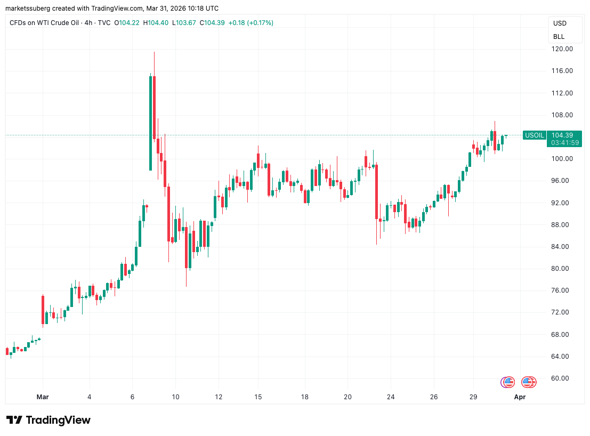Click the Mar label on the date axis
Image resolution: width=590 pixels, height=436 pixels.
(x=43, y=397)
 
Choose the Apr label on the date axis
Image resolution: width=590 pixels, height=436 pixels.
(x=520, y=397)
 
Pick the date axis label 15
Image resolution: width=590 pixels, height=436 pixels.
(x=258, y=397)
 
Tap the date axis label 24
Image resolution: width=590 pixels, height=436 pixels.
(x=391, y=397)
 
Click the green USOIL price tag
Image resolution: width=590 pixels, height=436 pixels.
(x=535, y=135)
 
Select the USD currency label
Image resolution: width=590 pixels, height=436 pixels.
(x=560, y=23)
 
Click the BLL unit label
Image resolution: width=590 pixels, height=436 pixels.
(x=559, y=37)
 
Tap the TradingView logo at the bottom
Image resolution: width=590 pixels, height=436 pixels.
(x=49, y=420)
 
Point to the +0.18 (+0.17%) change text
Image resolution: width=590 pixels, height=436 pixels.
(x=250, y=23)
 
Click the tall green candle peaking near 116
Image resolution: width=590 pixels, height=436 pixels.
(x=151, y=123)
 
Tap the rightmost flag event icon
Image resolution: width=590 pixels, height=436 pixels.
(x=529, y=382)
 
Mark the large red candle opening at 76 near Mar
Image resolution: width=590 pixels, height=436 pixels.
(x=43, y=309)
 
